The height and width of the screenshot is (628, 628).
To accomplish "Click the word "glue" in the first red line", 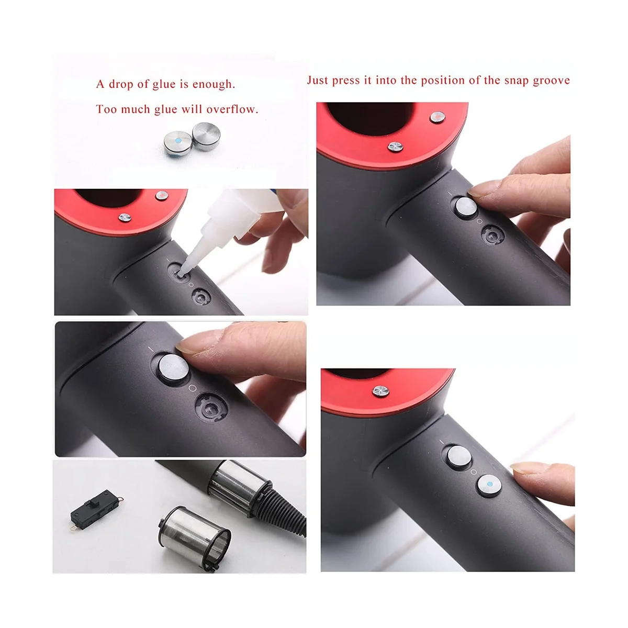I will coord(164,84).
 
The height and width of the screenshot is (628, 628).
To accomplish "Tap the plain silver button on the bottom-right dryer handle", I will coord(457,456).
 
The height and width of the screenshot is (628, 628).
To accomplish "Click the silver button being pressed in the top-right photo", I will coord(465,206).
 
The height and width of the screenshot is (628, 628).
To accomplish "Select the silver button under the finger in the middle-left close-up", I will coord(171,363).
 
